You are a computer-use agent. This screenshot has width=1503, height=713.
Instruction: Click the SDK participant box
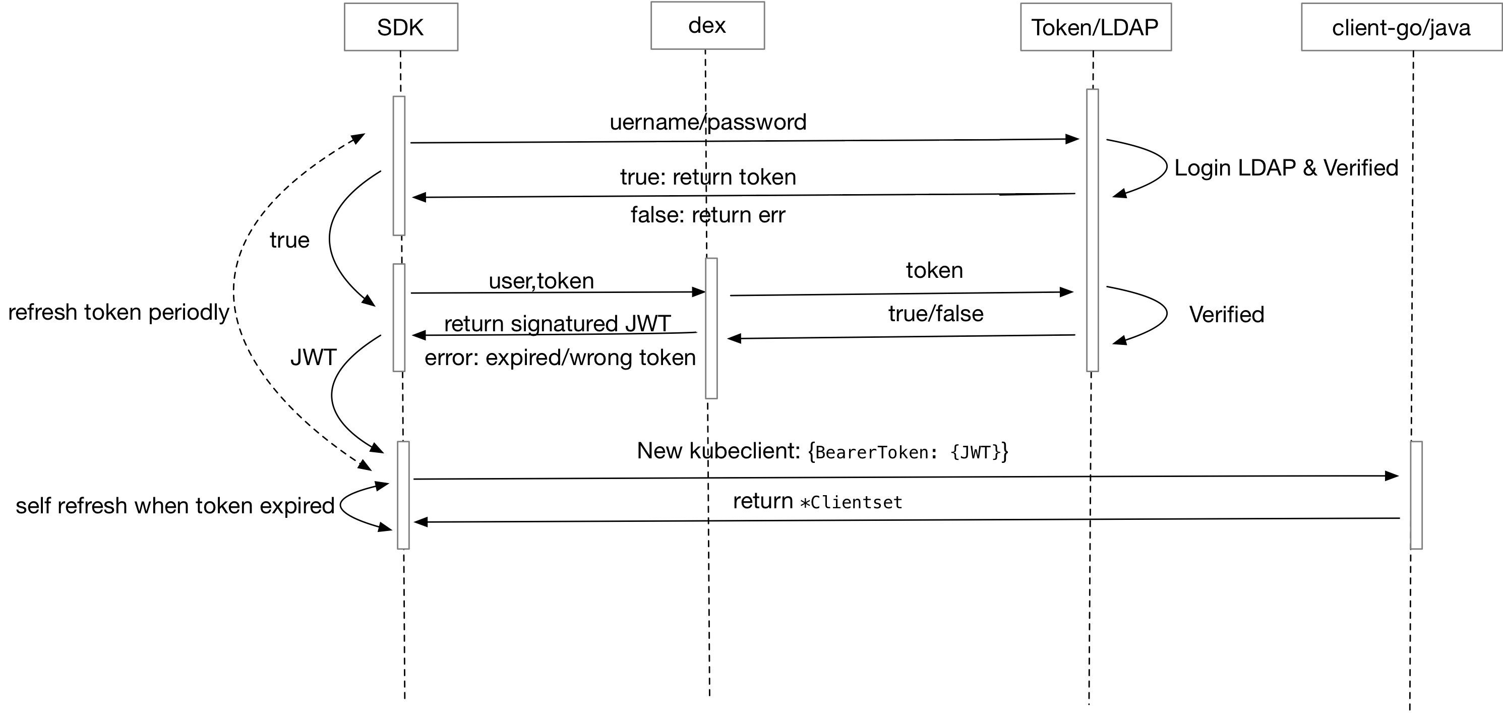401,27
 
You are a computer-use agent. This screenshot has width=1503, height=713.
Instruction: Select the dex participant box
707,26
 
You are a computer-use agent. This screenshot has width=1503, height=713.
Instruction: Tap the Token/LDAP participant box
1096,27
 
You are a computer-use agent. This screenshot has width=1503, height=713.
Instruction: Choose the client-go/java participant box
1402,27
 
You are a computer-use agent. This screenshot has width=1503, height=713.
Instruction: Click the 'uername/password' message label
708,122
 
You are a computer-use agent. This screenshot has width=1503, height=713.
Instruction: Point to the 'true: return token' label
708,177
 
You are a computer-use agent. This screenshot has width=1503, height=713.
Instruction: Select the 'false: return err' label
708,215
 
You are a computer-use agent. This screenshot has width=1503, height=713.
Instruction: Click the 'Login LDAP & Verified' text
1286,168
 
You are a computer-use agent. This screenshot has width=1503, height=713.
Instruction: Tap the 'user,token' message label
541,281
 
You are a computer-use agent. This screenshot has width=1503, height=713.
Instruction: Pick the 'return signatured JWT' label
557,323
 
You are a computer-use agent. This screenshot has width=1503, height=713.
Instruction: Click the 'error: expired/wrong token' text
560,357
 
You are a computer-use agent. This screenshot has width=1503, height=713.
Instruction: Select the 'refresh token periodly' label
118,312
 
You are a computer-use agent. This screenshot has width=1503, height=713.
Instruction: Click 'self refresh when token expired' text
175,505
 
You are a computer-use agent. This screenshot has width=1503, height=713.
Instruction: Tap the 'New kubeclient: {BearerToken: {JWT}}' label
823,451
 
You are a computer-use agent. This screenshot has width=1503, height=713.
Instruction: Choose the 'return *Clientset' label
817,501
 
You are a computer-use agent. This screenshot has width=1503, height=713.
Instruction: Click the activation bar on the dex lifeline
711,328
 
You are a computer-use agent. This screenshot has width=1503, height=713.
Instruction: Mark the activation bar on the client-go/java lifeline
1417,495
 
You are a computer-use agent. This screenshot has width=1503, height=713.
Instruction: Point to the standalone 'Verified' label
1226,315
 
